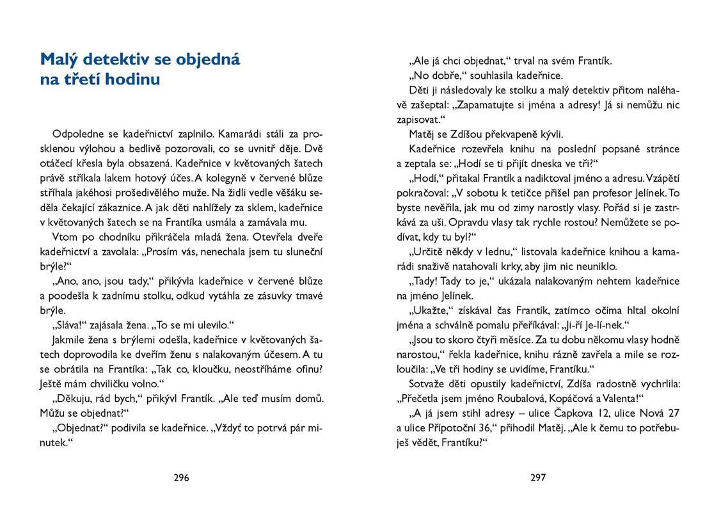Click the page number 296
[182, 477]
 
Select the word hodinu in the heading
[129, 80]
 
